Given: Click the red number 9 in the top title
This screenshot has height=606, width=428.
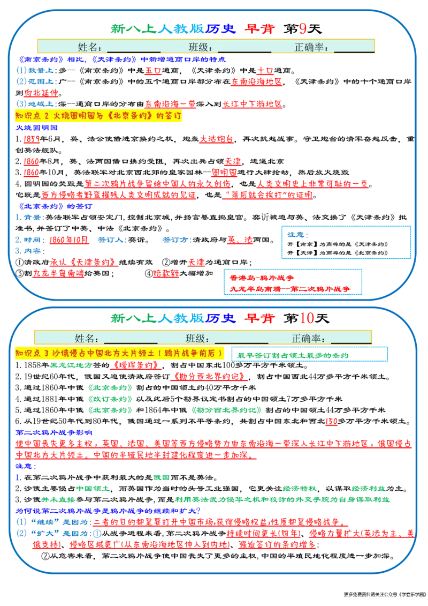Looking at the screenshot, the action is tap(303, 28).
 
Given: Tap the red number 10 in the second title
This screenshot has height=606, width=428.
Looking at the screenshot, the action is tap(307, 318).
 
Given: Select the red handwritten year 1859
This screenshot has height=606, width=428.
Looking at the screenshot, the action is tap(32, 139).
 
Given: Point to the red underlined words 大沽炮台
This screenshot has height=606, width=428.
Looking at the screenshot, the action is tap(217, 139).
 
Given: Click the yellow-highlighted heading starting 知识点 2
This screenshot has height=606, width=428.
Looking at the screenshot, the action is tap(98, 116).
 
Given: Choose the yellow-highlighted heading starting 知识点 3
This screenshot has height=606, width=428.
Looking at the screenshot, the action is tap(119, 353).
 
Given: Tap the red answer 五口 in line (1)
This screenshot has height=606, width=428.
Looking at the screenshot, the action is tap(153, 70).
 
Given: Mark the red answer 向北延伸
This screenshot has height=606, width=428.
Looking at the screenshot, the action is tap(41, 93).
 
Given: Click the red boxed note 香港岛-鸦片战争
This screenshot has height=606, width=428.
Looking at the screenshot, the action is tap(262, 278).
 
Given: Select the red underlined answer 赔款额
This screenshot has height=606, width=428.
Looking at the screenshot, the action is tap(166, 273).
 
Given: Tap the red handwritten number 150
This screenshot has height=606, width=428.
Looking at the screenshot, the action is tap(332, 421).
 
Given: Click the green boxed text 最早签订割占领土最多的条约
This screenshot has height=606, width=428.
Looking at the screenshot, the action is tap(293, 355).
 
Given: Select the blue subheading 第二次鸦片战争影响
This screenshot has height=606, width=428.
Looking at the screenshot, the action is tap(53, 432).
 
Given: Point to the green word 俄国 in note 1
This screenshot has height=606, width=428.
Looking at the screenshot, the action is tap(162, 477).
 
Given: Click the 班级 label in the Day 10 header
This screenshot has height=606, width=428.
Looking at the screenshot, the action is tap(197, 338).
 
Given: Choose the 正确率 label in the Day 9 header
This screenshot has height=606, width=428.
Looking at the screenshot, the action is tap(311, 47).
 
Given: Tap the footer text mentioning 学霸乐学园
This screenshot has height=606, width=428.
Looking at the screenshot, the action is tap(384, 594).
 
